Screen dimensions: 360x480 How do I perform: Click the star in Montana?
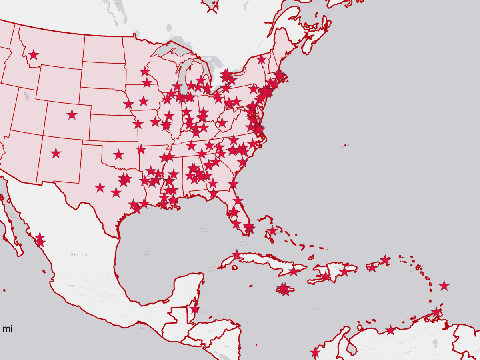pos(34,55)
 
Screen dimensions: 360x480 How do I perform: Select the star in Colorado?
pos(72,115)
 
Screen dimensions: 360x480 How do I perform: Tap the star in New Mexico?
pos(56,153)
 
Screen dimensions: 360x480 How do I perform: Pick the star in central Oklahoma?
pos(118,154)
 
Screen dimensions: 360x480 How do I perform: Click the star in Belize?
pos(195,309)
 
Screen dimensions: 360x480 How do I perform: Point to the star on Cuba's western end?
pos(236,254)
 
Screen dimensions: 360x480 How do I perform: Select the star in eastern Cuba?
pos(294,271)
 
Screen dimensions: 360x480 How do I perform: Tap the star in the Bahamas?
pos(272,230)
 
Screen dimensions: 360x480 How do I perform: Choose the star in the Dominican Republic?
pos(344,272)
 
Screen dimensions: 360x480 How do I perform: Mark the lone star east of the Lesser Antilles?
pos(444,286)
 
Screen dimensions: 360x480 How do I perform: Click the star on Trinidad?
pos(436,312)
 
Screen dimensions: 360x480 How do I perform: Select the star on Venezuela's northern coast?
pos(390,330)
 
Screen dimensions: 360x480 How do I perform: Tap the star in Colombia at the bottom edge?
pos(315,353)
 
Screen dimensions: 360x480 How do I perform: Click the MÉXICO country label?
pos(79,255)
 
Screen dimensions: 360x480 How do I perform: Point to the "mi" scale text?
pos(8,329)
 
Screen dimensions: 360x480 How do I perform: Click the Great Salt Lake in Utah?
pos(26,95)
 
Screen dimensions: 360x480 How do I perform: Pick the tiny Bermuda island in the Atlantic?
pos(345,145)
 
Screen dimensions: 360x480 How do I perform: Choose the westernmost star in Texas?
pos(100,187)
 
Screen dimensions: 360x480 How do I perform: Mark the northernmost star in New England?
pos(261,59)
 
